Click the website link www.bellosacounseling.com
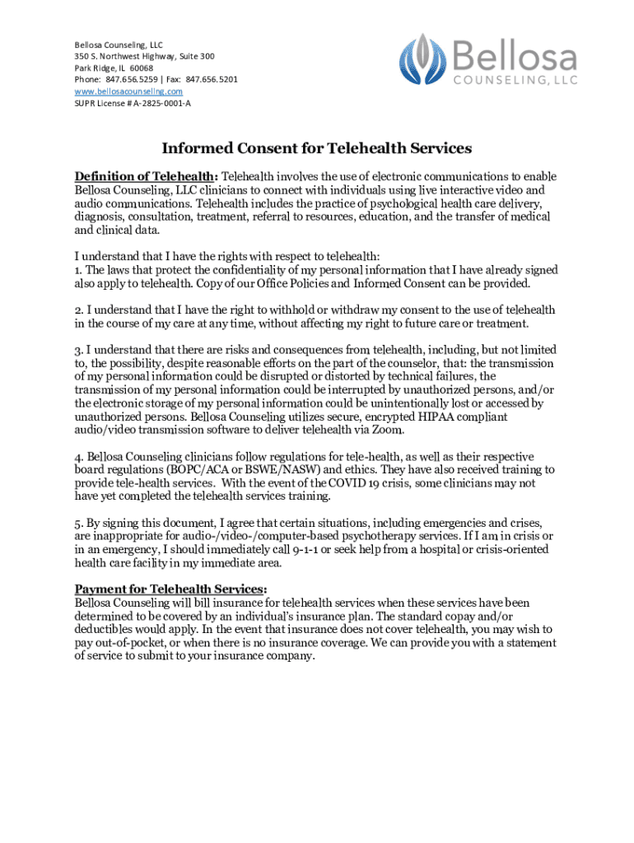point(128,91)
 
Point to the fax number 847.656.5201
point(212,80)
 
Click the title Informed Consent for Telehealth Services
point(316,149)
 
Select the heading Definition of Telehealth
point(145,176)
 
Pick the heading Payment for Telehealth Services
point(170,589)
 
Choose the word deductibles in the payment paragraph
point(106,630)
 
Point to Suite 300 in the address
point(194,56)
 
